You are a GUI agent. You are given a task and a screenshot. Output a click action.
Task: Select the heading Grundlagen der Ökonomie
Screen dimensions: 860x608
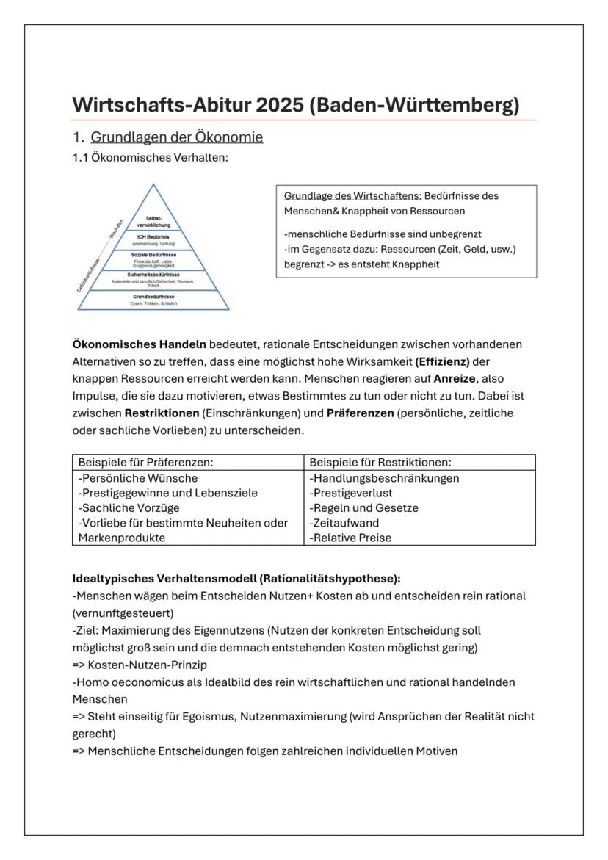177,137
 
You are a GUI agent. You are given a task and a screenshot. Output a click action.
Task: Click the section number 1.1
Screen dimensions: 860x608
79,157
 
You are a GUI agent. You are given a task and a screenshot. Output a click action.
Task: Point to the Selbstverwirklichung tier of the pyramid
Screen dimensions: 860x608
153,222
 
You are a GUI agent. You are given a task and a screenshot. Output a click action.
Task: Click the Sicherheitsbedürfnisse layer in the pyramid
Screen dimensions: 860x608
153,278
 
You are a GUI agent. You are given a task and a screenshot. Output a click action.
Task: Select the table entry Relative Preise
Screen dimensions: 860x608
350,538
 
